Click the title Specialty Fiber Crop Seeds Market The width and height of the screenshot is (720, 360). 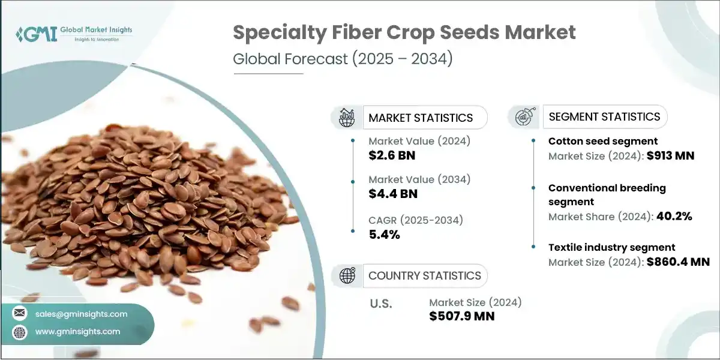404,32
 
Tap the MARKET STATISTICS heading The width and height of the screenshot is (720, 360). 421,118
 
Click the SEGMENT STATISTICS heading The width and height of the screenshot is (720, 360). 604,116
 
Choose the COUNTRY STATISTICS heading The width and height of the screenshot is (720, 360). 424,275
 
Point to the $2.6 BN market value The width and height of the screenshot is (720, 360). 392,156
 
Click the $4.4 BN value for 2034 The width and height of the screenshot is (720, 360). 393,194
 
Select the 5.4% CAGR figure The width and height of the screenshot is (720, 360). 385,234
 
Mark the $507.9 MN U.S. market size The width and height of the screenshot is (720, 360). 462,316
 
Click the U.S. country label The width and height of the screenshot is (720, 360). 380,304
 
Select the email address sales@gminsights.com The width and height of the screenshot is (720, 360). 80,314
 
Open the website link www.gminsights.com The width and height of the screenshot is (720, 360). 77,331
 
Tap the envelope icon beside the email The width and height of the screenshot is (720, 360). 20,314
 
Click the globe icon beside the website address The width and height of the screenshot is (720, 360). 20,331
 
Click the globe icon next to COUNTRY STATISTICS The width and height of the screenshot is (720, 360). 347,275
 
